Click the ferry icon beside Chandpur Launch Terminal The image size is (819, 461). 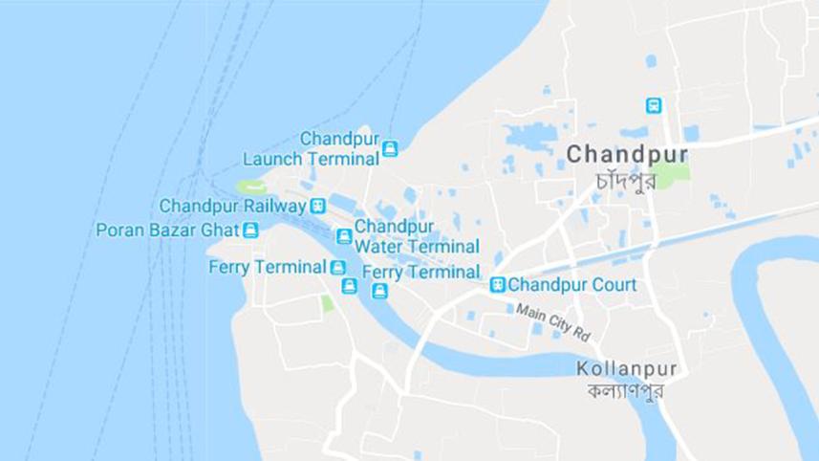pyautogui.click(x=390, y=148)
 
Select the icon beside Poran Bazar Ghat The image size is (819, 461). pyautogui.click(x=250, y=230)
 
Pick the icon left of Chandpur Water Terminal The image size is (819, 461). pyautogui.click(x=344, y=235)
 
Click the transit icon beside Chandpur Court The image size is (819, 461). pyautogui.click(x=497, y=284)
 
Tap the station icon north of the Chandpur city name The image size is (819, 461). pyautogui.click(x=654, y=105)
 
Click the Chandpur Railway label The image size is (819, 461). pyautogui.click(x=232, y=206)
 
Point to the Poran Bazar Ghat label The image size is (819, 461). pyautogui.click(x=167, y=230)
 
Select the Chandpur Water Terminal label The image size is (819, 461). pyautogui.click(x=417, y=236)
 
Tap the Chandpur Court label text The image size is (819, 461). pyautogui.click(x=571, y=284)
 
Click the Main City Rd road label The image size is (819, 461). pyautogui.click(x=555, y=322)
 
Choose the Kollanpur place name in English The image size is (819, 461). pyautogui.click(x=627, y=368)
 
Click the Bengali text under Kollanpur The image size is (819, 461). pyautogui.click(x=626, y=390)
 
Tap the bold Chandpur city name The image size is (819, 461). pyautogui.click(x=626, y=154)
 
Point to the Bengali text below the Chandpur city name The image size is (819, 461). pyautogui.click(x=625, y=179)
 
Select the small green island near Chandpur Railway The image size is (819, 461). pyautogui.click(x=251, y=187)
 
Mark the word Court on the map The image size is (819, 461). pyautogui.click(x=614, y=284)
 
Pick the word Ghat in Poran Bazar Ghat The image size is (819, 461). pyautogui.click(x=220, y=230)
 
